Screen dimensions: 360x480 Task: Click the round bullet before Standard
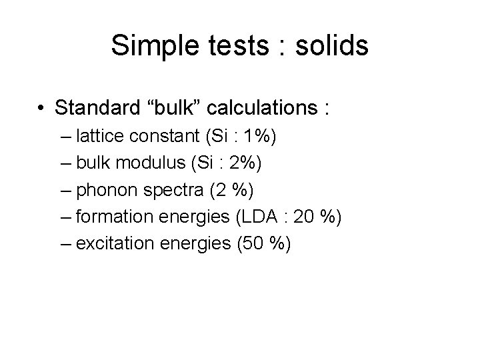point(41,107)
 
